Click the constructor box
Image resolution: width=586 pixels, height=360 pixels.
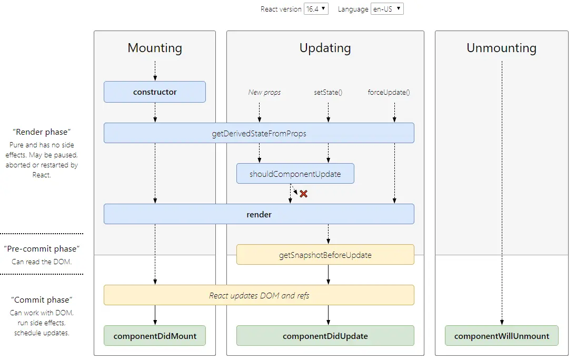click(x=154, y=92)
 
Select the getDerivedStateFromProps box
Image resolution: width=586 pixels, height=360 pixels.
click(x=259, y=133)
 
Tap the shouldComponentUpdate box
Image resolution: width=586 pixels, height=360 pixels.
click(x=295, y=174)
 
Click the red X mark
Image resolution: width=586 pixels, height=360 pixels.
click(x=303, y=194)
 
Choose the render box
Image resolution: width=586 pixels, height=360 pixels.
click(x=259, y=214)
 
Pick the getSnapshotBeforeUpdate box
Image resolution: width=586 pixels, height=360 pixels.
click(x=325, y=255)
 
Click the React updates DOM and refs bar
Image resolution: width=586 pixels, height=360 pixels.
click(x=259, y=295)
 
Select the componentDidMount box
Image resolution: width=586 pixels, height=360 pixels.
click(x=154, y=336)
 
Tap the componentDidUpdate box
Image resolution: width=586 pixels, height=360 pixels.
click(x=325, y=336)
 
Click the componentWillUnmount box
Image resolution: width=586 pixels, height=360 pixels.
click(x=501, y=336)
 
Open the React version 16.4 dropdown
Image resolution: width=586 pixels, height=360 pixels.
click(x=316, y=9)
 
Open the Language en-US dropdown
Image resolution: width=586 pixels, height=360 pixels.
click(x=388, y=9)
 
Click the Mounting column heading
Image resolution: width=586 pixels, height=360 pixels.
click(x=155, y=48)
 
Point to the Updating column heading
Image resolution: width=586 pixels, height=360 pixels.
click(x=325, y=48)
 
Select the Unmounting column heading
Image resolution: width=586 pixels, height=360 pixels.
click(x=501, y=48)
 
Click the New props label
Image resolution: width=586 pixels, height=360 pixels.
click(x=264, y=92)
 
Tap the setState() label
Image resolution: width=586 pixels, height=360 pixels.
click(x=328, y=92)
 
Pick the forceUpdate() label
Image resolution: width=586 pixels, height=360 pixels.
click(x=389, y=92)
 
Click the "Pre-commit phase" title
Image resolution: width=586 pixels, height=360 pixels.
click(x=42, y=248)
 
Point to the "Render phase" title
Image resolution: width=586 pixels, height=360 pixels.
click(x=42, y=132)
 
